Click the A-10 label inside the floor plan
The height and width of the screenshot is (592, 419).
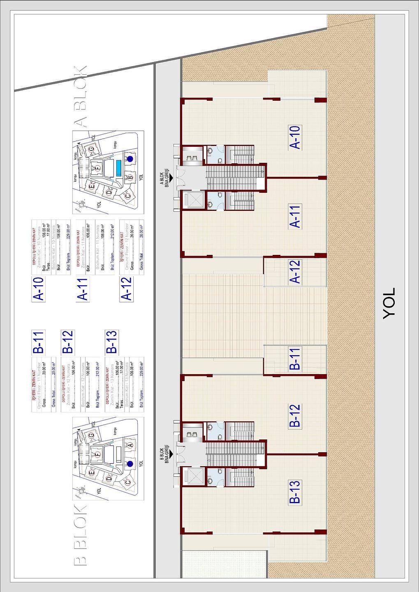click(295, 137)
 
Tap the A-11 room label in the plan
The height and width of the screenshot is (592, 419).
click(295, 216)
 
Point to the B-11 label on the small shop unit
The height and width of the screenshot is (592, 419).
click(295, 358)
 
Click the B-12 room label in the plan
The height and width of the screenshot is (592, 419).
click(295, 416)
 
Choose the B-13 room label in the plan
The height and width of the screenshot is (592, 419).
click(295, 492)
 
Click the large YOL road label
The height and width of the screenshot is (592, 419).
click(389, 303)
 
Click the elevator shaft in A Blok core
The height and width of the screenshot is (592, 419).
click(193, 200)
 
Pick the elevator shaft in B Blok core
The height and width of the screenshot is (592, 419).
click(193, 476)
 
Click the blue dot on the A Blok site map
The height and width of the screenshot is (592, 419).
click(130, 158)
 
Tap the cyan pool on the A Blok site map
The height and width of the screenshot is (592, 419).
click(119, 168)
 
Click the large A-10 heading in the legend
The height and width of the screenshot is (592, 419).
click(38, 289)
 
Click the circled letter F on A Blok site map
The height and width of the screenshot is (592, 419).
click(97, 168)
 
